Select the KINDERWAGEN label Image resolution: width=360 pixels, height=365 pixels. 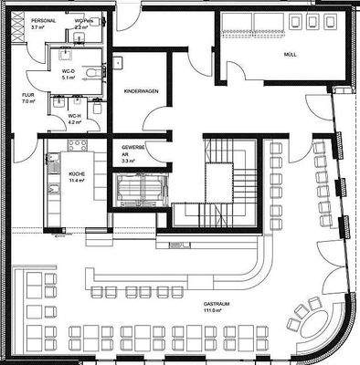pos(141,92)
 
